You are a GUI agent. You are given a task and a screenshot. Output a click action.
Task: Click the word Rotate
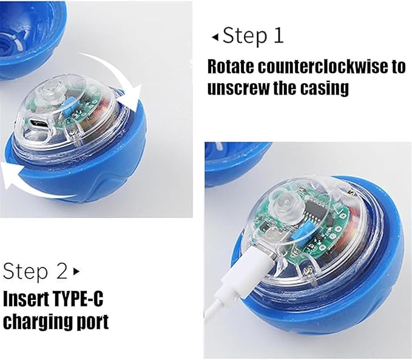(231, 67)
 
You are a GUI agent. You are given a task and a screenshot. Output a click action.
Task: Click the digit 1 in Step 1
(278, 35)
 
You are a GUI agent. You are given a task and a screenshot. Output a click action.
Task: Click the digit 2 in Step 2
(62, 271)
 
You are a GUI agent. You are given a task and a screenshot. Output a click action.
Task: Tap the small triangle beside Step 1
(215, 38)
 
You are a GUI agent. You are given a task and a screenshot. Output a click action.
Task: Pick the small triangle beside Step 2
(76, 271)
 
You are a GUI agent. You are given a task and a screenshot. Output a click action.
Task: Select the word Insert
(22, 299)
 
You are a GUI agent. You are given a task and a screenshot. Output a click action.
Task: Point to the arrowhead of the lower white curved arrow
(10, 174)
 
